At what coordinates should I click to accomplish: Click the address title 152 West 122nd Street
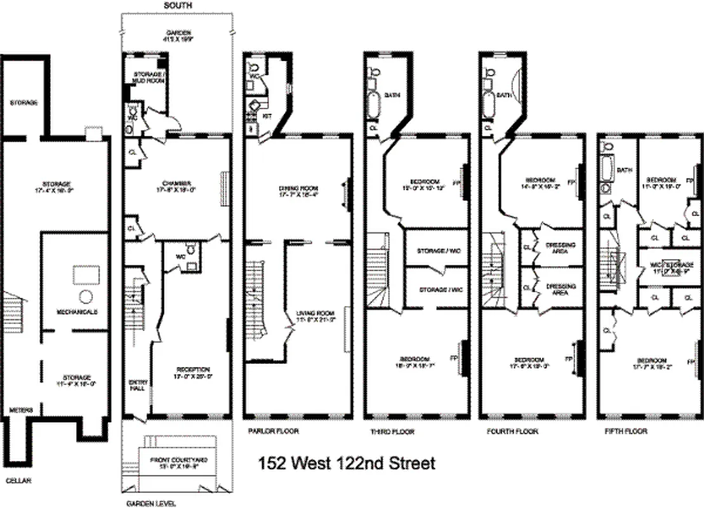tap(347, 463)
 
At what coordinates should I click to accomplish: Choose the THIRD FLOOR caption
tap(392, 432)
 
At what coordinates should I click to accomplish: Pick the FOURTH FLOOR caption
tap(512, 432)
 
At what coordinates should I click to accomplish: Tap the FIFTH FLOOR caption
tap(626, 432)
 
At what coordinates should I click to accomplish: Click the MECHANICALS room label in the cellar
tap(76, 312)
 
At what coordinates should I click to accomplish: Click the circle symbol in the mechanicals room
tap(86, 296)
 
